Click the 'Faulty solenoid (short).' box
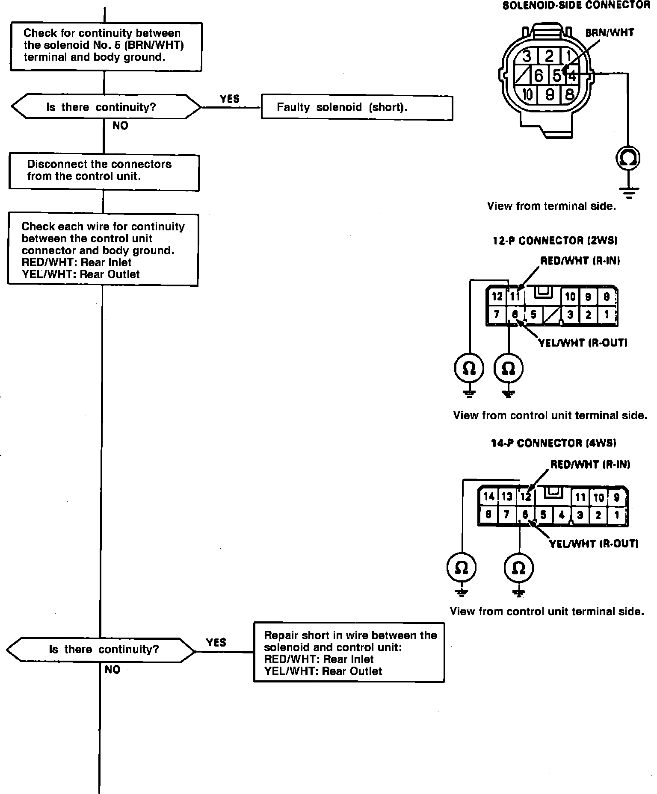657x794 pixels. pyautogui.click(x=357, y=107)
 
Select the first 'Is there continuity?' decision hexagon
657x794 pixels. pyautogui.click(x=105, y=107)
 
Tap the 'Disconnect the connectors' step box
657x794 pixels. pyautogui.click(x=104, y=171)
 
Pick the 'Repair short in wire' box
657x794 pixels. pyautogui.click(x=349, y=652)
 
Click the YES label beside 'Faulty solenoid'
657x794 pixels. pyautogui.click(x=230, y=99)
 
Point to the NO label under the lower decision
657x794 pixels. pyautogui.click(x=112, y=669)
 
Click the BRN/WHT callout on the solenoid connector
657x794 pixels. pyautogui.click(x=610, y=32)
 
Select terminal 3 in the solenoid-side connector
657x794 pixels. pyautogui.click(x=527, y=56)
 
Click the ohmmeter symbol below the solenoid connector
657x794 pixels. pyautogui.click(x=628, y=159)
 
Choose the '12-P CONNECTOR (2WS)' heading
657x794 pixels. pyautogui.click(x=555, y=241)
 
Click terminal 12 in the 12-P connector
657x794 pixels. pyautogui.click(x=497, y=296)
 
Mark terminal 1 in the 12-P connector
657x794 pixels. pyautogui.click(x=606, y=315)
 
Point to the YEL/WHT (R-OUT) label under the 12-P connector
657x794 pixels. pyautogui.click(x=583, y=342)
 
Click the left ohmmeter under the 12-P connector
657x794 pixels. pyautogui.click(x=469, y=368)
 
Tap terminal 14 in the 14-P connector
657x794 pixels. pyautogui.click(x=488, y=496)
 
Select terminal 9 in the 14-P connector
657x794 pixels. pyautogui.click(x=616, y=497)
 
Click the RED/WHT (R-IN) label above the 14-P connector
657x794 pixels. pyautogui.click(x=590, y=464)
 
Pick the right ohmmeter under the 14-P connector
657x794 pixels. pyautogui.click(x=518, y=568)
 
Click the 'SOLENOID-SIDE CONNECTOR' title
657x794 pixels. pyautogui.click(x=576, y=6)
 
